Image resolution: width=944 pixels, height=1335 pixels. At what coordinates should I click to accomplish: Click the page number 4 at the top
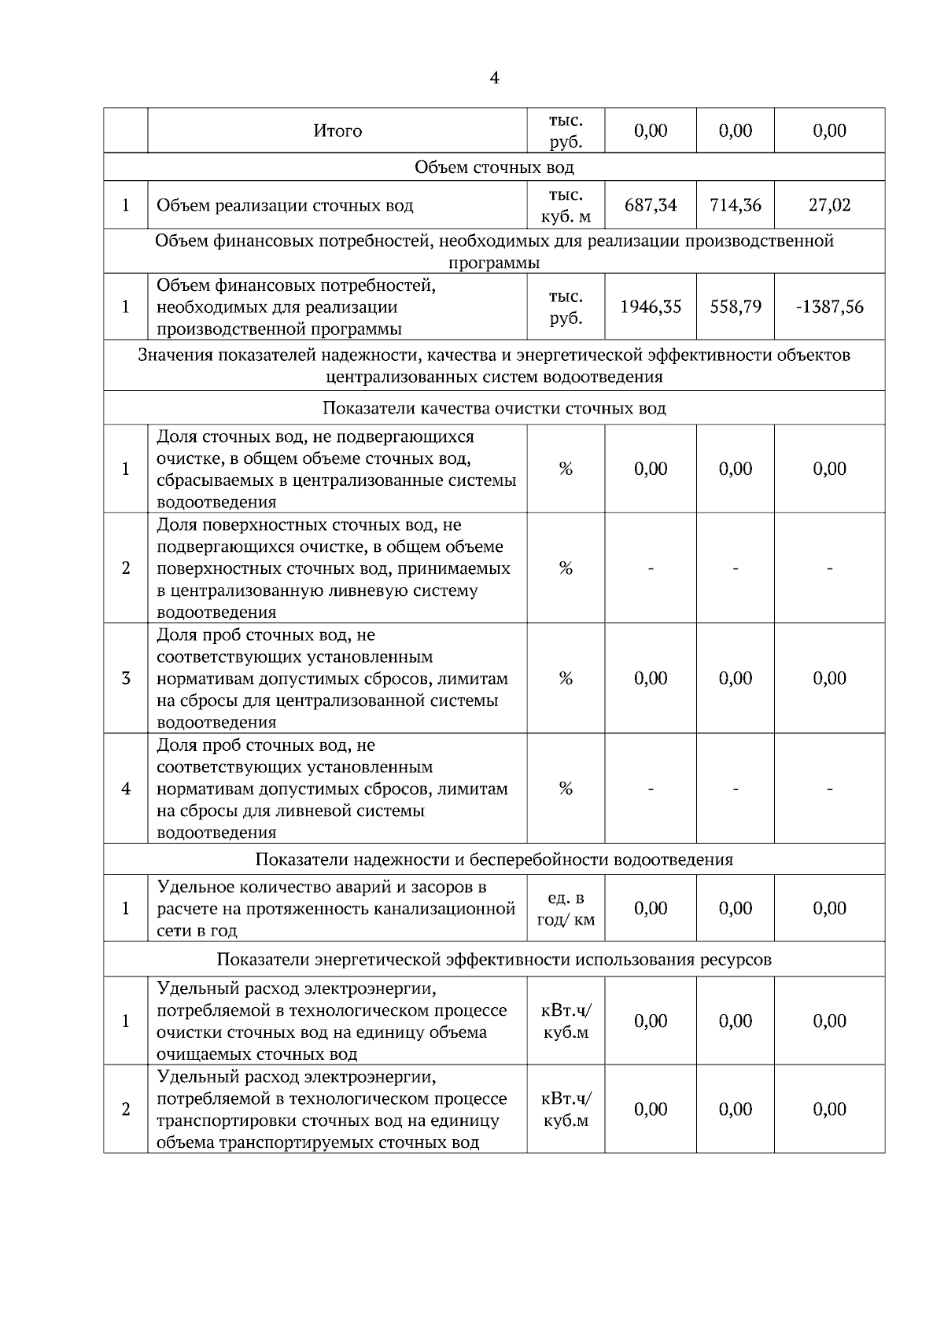point(494,79)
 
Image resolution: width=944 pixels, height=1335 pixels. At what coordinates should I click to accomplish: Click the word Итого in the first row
point(337,131)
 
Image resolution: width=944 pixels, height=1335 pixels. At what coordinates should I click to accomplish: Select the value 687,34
point(651,206)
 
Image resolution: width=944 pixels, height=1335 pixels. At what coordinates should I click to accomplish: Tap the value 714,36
point(736,206)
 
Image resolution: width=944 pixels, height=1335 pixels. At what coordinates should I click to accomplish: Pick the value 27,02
point(829,206)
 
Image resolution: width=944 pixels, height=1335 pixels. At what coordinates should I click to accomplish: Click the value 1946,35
point(651,307)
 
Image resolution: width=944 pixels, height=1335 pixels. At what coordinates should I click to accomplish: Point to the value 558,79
point(736,307)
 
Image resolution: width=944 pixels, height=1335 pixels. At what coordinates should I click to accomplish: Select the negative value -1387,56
point(829,307)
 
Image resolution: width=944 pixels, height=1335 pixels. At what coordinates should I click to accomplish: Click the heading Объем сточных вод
point(494,167)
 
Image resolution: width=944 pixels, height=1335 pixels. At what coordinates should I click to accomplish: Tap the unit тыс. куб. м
point(566,206)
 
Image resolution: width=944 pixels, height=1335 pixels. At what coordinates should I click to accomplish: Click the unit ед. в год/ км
point(566,909)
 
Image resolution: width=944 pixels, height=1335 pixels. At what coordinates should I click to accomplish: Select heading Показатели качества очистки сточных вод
point(494,409)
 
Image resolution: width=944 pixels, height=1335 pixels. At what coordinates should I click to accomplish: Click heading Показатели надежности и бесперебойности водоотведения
point(494,859)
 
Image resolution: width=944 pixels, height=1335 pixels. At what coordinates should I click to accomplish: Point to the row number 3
point(126,679)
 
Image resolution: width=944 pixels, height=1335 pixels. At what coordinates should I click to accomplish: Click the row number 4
point(126,789)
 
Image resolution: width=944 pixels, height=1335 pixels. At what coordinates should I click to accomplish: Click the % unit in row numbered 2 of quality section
point(566,568)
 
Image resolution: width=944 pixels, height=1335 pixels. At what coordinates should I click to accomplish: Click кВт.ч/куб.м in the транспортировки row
point(566,1109)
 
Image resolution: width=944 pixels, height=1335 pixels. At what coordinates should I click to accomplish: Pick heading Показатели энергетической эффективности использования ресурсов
point(494,960)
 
